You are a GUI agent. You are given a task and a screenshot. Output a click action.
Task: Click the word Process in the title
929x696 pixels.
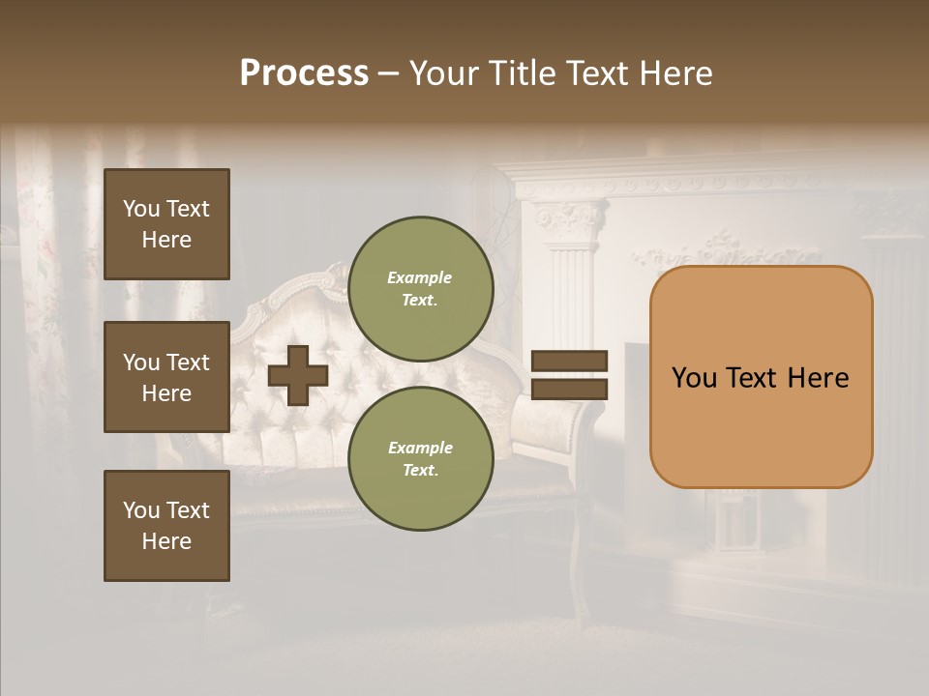[x=304, y=73]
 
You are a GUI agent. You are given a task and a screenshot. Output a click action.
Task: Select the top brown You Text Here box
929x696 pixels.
[x=166, y=224]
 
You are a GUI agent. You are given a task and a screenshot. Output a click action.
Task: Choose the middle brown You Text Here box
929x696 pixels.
[x=166, y=377]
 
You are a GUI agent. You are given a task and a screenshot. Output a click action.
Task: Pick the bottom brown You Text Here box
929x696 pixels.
[x=166, y=526]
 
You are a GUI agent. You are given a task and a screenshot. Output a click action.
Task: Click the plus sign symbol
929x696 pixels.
[x=298, y=375]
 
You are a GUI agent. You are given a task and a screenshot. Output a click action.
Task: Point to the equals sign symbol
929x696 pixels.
[x=570, y=375]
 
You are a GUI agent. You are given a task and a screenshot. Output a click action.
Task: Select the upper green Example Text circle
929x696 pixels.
[x=420, y=289]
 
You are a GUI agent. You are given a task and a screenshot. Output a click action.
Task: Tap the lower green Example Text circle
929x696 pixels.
[x=420, y=459]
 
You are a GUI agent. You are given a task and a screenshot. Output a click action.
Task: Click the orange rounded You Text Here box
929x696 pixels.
[x=761, y=377]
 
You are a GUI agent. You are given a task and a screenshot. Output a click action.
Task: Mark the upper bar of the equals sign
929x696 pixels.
[x=570, y=361]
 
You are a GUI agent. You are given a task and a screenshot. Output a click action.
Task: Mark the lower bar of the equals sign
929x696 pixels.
[x=570, y=390]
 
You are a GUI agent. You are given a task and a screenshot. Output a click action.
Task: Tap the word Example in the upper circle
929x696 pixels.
[x=420, y=277]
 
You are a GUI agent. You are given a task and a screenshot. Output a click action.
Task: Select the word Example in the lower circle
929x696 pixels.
[x=420, y=448]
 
